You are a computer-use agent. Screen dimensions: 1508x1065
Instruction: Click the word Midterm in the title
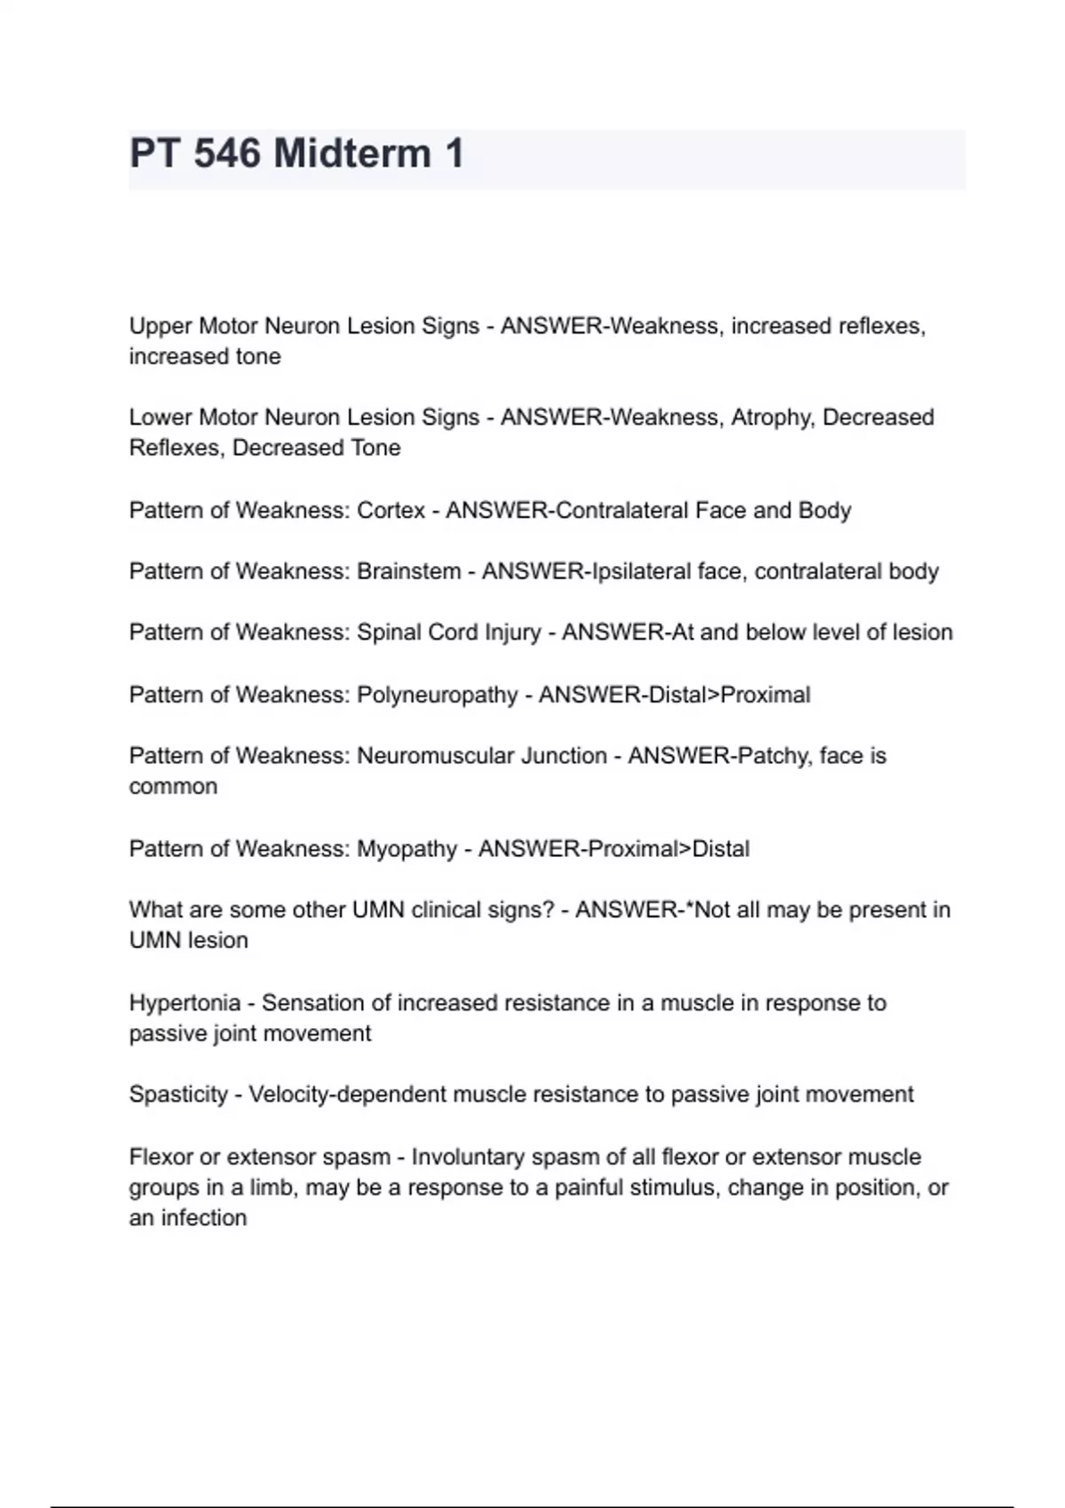tap(352, 153)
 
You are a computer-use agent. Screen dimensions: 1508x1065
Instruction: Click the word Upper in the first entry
tap(161, 326)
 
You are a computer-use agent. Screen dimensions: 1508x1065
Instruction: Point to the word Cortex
tap(390, 511)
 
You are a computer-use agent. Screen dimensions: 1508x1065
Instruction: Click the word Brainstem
tap(409, 572)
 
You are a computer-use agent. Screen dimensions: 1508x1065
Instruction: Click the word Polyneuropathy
tap(437, 695)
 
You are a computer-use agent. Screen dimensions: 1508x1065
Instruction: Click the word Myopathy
tap(406, 850)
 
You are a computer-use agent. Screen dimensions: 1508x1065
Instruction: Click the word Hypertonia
tap(185, 1003)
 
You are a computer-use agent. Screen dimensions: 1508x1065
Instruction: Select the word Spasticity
tap(178, 1095)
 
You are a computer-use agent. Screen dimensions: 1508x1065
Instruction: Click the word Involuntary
tap(468, 1158)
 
